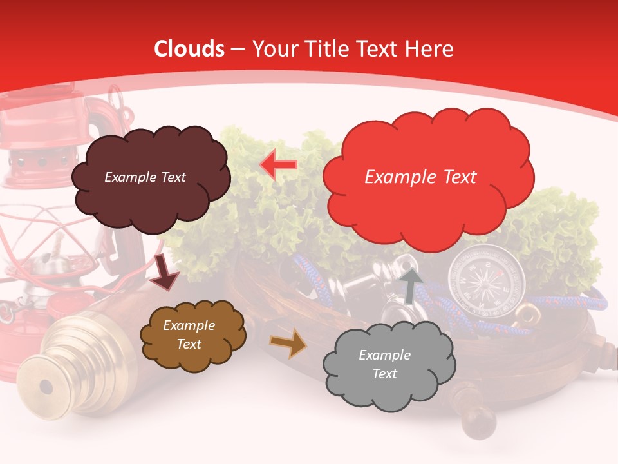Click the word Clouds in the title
coord(189,49)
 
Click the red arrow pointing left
coord(279,165)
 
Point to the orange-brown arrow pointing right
coord(288,343)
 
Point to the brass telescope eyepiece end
coord(45,387)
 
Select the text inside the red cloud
coord(420,177)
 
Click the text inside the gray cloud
coord(384,364)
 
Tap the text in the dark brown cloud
coord(145,177)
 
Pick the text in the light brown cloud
coord(189,335)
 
